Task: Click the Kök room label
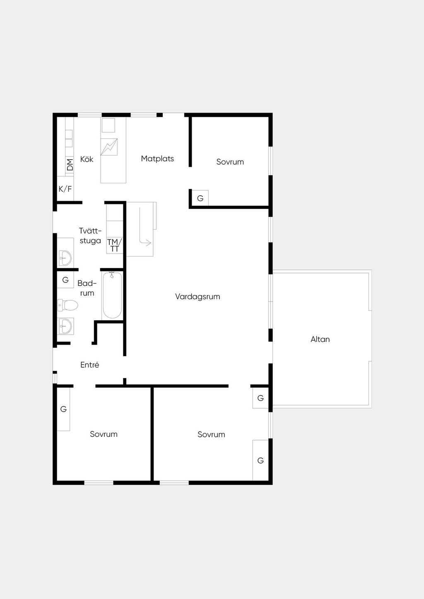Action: (87, 159)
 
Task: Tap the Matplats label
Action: (157, 158)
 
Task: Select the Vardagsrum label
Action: (198, 297)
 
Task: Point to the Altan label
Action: (320, 339)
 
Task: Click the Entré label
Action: (90, 365)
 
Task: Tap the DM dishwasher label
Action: (70, 165)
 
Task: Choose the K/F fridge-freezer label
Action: (65, 189)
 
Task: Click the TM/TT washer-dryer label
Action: (115, 245)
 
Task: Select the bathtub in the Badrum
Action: (113, 295)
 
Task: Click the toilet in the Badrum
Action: (67, 305)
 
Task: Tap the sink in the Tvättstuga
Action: (65, 258)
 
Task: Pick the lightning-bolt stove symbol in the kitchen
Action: (109, 147)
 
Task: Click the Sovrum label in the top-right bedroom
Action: (230, 162)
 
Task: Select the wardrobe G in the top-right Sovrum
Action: (200, 198)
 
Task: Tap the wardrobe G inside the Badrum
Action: (65, 280)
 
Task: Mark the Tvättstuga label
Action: (91, 236)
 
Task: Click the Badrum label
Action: (87, 288)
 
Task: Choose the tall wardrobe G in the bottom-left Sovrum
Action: (63, 409)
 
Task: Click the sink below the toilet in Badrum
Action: (65, 326)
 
